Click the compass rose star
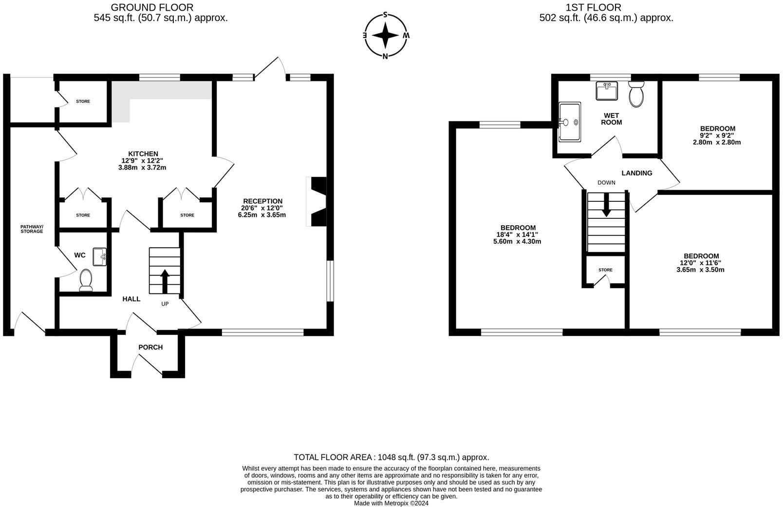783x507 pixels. [x=385, y=35]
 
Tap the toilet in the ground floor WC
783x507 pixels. [x=86, y=280]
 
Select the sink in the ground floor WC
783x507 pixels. [x=100, y=257]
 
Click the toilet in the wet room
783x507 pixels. [x=636, y=94]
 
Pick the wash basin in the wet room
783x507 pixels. [x=607, y=91]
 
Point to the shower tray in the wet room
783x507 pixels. [x=570, y=122]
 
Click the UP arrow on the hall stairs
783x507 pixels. [x=165, y=281]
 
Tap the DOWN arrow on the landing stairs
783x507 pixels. [x=606, y=204]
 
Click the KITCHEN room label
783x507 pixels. [x=143, y=154]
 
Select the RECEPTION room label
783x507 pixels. [x=262, y=201]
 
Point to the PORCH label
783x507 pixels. [x=150, y=347]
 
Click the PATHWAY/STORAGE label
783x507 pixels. [x=32, y=229]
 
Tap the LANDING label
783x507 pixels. [x=637, y=173]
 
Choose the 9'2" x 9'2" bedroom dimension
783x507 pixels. [x=717, y=136]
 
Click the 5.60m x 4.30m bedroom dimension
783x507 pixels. [x=517, y=241]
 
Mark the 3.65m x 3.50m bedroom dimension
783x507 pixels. [x=701, y=270]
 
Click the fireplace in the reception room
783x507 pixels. [x=317, y=201]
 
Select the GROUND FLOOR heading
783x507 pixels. [x=152, y=7]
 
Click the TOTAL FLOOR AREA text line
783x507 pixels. [x=391, y=457]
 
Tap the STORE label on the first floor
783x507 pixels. [x=605, y=270]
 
